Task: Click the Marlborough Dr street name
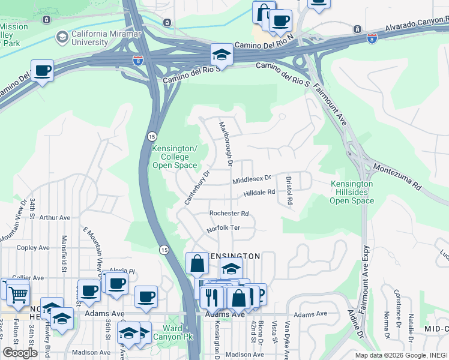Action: click(x=225, y=143)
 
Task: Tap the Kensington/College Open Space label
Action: click(x=174, y=157)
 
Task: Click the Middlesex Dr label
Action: click(x=252, y=178)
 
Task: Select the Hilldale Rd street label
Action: click(x=259, y=193)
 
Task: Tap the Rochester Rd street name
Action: click(x=229, y=214)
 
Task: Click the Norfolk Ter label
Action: click(x=223, y=228)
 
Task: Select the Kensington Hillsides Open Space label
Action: click(x=352, y=192)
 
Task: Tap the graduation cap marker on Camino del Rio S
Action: click(x=221, y=55)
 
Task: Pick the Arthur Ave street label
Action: click(x=55, y=218)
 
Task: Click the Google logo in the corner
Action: click(x=20, y=353)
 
